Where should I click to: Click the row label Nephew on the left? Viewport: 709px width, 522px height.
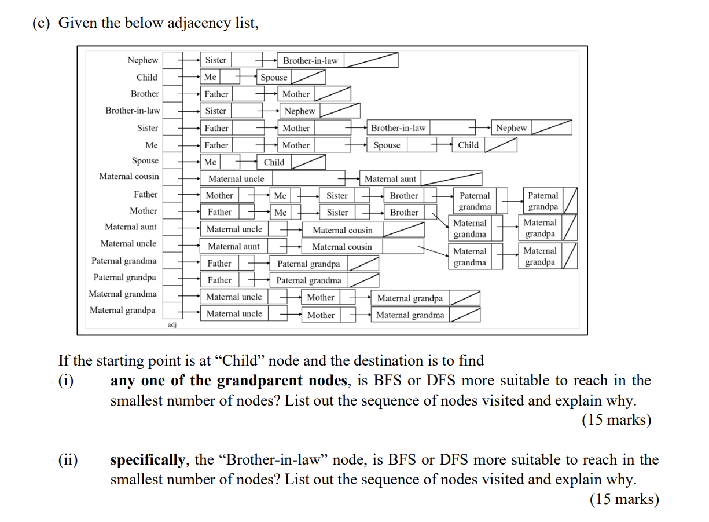click(142, 60)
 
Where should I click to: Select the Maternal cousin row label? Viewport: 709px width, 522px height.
click(128, 176)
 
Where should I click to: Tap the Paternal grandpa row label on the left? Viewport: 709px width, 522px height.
click(124, 278)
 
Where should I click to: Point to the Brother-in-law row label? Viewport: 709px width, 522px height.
click(133, 110)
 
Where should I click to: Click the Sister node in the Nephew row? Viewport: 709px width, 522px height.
click(216, 60)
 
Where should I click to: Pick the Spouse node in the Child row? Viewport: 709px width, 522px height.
click(274, 77)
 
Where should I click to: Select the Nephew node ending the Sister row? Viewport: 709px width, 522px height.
click(511, 128)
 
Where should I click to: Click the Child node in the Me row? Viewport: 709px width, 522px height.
click(468, 145)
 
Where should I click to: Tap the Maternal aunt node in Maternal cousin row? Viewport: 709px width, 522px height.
click(390, 179)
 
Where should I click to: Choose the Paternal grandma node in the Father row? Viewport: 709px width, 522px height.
click(475, 201)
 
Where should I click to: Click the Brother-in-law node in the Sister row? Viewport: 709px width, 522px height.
click(398, 128)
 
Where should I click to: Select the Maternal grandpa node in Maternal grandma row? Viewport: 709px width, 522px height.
click(410, 298)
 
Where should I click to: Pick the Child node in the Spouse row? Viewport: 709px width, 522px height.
click(274, 162)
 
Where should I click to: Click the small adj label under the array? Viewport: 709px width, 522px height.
click(172, 326)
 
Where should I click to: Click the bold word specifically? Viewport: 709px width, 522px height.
click(148, 460)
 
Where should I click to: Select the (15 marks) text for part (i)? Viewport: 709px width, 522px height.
click(616, 420)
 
